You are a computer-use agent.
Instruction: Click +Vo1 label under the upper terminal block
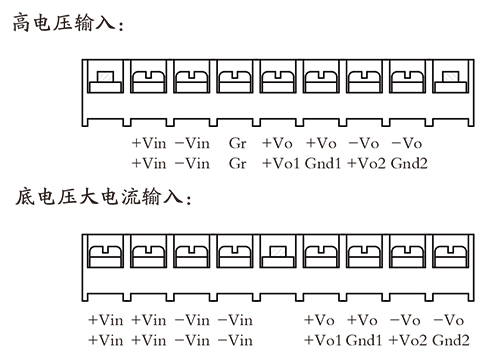281,163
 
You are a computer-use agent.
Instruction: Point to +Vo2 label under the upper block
366,163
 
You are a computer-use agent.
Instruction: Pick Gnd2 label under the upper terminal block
410,163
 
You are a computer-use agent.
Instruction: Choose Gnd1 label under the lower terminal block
366,340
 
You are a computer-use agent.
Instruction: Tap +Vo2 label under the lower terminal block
409,340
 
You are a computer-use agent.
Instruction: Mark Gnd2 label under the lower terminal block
452,340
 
